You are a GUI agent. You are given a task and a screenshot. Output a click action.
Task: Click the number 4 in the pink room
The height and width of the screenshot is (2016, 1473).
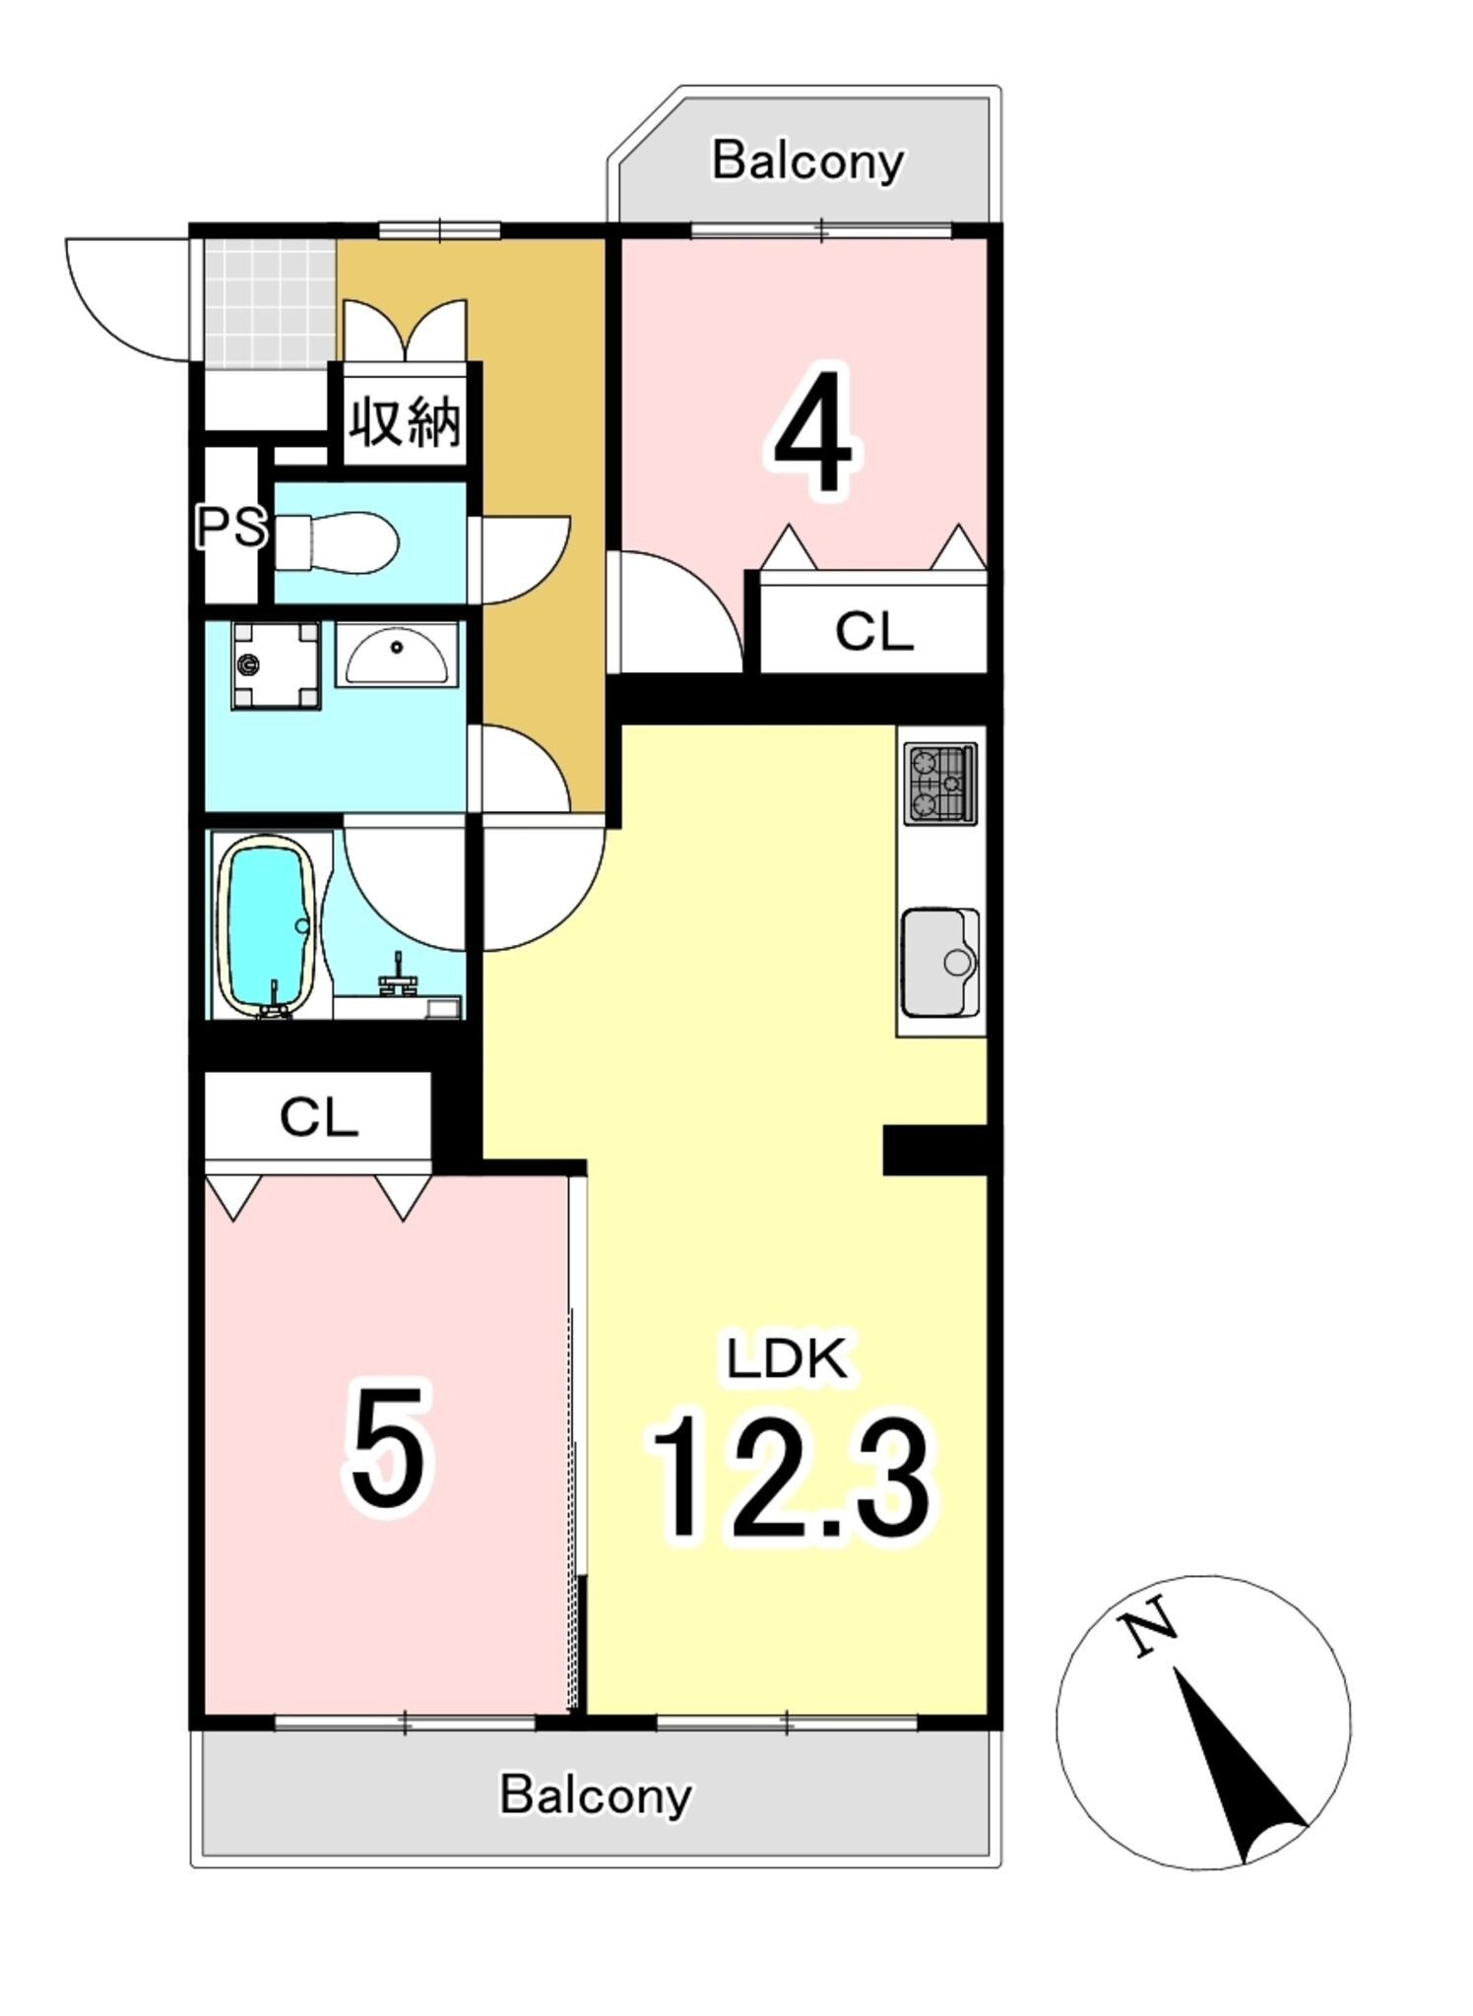[813, 432]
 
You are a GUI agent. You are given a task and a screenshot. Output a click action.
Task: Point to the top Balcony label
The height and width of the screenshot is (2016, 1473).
[807, 161]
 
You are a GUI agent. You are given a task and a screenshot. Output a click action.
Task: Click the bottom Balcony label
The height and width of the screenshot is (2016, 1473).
[596, 1795]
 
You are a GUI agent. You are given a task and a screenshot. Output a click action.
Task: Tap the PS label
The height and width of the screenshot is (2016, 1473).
[231, 527]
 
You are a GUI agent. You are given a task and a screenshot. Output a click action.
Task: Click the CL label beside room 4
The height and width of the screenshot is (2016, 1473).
[874, 631]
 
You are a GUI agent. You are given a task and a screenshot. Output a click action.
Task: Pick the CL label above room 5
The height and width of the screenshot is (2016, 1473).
[318, 1117]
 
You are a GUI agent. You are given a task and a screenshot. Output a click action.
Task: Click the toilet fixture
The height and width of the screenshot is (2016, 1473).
[336, 540]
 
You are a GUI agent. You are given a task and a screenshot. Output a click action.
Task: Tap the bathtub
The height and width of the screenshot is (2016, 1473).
[266, 925]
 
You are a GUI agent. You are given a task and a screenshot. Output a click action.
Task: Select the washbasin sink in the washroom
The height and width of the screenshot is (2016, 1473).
[396, 653]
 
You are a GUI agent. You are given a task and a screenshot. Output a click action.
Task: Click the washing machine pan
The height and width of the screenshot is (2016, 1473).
[276, 665]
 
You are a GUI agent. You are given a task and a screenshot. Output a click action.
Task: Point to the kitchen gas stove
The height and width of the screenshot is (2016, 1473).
[941, 785]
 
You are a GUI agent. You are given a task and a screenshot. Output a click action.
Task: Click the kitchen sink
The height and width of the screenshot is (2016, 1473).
[941, 963]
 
